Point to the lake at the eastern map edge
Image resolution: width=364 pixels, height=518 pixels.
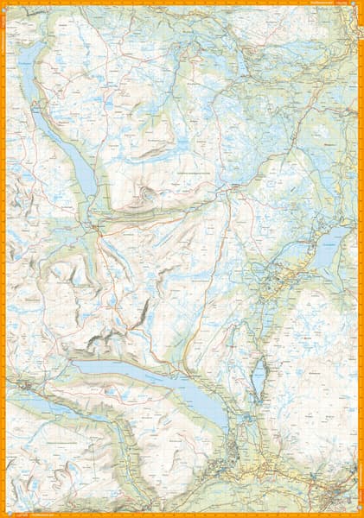click(331, 246)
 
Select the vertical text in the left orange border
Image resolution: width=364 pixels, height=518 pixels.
click(3, 52)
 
